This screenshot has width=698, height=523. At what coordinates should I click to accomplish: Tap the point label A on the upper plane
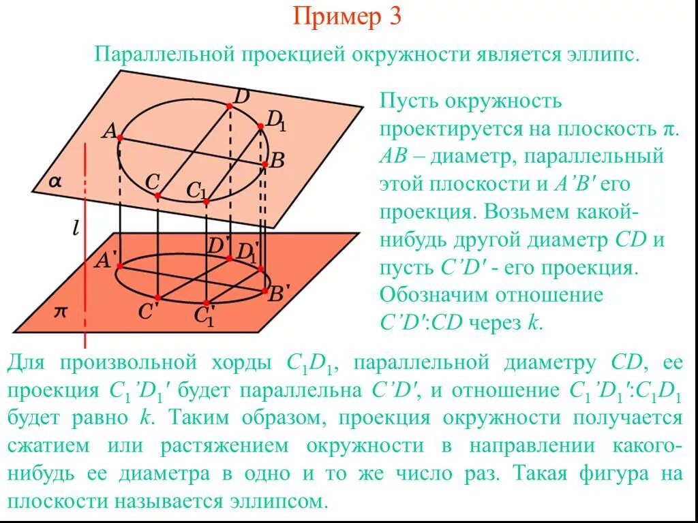108,131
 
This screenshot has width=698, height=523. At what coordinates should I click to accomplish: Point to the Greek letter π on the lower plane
61,311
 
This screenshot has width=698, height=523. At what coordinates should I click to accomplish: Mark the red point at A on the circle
119,138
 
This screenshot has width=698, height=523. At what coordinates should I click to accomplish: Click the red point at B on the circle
264,163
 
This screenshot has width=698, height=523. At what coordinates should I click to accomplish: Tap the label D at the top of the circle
240,97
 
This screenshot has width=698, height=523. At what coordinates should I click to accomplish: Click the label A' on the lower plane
107,259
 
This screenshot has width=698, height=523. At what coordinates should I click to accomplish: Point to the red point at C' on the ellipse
157,298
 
